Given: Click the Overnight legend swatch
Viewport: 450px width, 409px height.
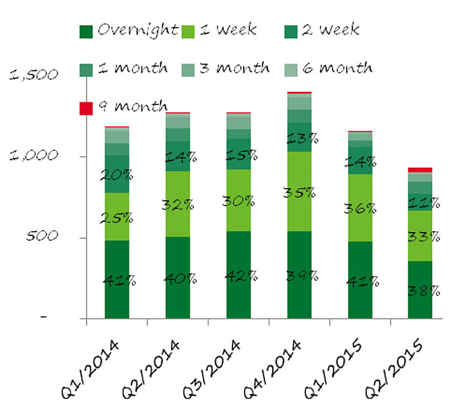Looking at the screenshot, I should (x=87, y=31).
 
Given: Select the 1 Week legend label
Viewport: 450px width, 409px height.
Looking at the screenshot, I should (x=228, y=30).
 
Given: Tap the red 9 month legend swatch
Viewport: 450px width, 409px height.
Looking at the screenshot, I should (x=87, y=108).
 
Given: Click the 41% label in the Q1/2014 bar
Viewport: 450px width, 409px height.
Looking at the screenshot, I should (x=118, y=281).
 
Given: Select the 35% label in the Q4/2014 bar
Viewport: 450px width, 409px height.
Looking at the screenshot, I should (x=298, y=192).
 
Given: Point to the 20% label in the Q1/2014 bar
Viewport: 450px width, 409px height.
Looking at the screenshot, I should (x=118, y=175).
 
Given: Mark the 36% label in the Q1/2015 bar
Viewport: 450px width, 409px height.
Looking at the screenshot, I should (x=361, y=208).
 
